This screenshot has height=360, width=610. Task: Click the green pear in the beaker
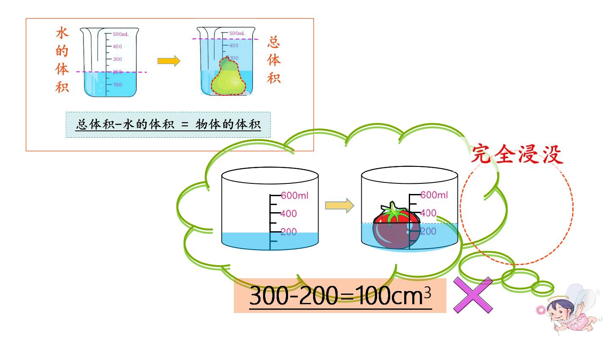click(228, 77)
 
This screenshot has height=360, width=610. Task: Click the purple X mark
click(473, 295)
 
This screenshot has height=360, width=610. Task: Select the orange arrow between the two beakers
click(169, 61)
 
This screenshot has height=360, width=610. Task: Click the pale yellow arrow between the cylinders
click(340, 205)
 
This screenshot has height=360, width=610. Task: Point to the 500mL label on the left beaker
click(121, 34)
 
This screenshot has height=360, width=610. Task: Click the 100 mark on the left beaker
click(117, 85)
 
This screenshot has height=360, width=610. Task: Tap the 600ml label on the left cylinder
click(294, 196)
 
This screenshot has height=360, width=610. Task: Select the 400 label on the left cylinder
click(288, 213)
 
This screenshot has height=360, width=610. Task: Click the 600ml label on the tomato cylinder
click(434, 195)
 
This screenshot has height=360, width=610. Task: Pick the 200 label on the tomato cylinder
click(428, 231)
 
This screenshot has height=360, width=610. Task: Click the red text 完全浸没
click(517, 155)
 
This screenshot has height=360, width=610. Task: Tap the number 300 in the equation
click(269, 296)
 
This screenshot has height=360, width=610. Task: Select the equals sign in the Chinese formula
click(185, 125)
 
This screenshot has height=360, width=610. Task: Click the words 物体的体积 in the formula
click(228, 125)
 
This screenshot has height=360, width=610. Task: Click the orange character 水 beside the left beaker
click(62, 33)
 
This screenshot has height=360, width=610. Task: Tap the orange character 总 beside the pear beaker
click(274, 42)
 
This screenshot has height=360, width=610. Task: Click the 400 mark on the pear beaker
click(234, 46)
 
